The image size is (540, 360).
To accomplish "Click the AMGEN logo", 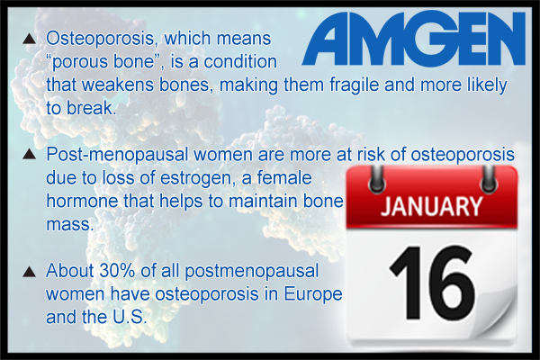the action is tap(414, 38).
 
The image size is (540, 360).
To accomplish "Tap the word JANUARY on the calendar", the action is tap(431, 207).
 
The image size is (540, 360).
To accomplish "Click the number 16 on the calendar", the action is tap(433, 283).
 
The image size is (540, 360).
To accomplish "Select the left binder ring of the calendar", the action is tap(377, 179).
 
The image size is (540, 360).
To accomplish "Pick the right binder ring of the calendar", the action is tap(488, 179).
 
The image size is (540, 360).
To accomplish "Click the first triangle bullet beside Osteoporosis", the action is tap(30, 39).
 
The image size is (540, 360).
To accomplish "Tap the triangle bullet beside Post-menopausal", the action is tap(30, 154).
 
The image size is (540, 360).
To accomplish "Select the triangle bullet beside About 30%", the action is tap(30, 272).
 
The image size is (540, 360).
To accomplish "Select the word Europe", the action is tap(313, 294).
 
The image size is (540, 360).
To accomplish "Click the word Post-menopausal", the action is tap(117, 154).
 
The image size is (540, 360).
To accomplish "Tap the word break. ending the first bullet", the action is tap(90, 108).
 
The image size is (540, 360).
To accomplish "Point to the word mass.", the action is tap(70, 225).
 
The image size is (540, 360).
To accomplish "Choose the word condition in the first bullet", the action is tap(240, 62).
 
